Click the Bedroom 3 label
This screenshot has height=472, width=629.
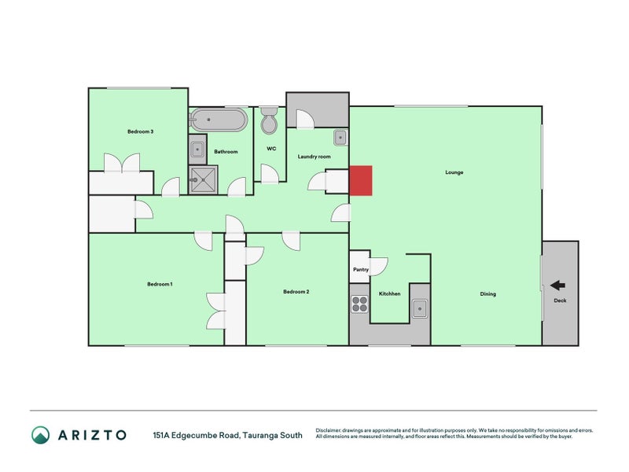(140, 131)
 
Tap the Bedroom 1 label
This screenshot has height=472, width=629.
(160, 284)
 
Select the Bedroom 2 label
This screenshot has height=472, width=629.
(296, 292)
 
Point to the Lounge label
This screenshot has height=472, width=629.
(454, 172)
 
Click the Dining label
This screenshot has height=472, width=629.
(487, 294)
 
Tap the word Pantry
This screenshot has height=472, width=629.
(361, 270)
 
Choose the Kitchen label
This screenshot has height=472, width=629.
(390, 294)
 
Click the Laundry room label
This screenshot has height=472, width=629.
(314, 157)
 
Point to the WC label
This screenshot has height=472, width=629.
(271, 149)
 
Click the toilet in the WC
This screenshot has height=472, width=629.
(270, 122)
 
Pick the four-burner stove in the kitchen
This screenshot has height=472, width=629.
(360, 304)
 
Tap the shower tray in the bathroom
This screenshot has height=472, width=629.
(204, 180)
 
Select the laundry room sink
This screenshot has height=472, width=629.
(340, 138)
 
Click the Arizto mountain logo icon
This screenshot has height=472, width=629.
(41, 435)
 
